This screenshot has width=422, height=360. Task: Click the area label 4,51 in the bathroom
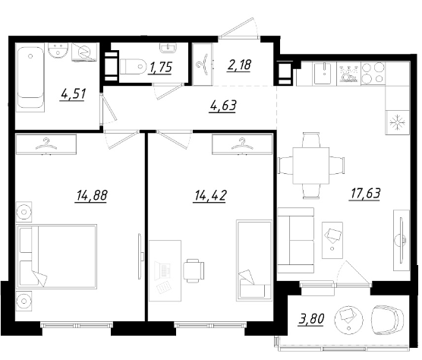pos(73,94)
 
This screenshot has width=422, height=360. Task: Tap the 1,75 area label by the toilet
pos(160,67)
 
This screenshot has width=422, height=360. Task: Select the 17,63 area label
pos(366,194)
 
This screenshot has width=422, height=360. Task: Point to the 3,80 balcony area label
pos(311,318)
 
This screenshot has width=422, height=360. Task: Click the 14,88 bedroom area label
pos(92,195)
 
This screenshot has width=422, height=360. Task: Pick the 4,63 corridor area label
pos(223,106)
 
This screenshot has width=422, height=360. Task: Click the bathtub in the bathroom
pos(30,80)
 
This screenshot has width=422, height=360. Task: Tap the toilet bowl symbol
pos(132,66)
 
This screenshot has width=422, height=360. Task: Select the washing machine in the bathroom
pos(84,52)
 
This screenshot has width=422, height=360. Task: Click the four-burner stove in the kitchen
pos(373,73)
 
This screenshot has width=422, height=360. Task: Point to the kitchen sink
pos(324,73)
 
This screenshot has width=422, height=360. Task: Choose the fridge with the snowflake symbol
pos(398,122)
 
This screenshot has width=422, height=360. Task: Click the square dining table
pos(311,166)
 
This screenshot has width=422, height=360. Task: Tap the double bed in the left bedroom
pos(56,257)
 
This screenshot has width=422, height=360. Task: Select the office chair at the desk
pos(194,270)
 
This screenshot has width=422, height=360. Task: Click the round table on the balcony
pos(349,320)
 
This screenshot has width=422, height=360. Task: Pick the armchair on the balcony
pos(387,320)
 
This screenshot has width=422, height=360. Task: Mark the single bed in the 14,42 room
pos(254,261)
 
